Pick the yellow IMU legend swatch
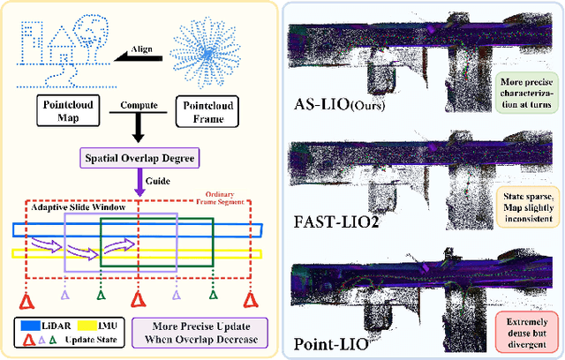click(x=92, y=326)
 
